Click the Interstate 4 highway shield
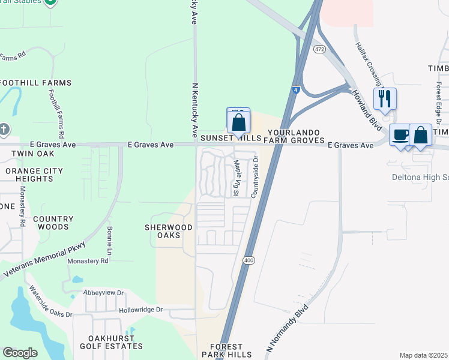tap(297, 90)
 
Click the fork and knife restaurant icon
tap(385, 98)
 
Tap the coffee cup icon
tap(400, 134)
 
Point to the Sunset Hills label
tap(231, 138)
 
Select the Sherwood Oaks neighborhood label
tap(169, 232)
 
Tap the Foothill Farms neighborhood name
tap(36, 83)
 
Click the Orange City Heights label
tap(34, 175)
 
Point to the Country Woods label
tap(53, 223)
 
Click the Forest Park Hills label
tap(226, 350)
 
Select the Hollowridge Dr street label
tap(140, 310)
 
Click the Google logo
tap(20, 353)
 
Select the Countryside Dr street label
tap(255, 177)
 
